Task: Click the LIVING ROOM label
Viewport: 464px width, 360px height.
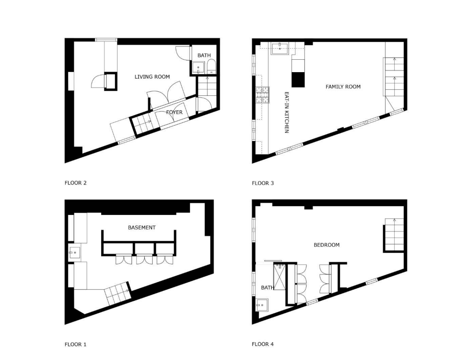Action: [x=152, y=77]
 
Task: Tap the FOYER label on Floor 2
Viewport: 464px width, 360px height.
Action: [x=174, y=112]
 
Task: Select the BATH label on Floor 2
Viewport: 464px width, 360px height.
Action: [x=204, y=55]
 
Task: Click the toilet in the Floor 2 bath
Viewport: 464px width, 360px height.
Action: [x=211, y=67]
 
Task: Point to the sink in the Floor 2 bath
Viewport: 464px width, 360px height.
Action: [x=198, y=68]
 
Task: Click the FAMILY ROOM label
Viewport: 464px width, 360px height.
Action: [x=343, y=87]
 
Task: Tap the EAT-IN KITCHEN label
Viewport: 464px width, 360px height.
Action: [x=287, y=112]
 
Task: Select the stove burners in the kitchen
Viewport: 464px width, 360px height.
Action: [x=262, y=95]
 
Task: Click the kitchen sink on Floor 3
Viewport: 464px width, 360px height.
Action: [x=280, y=49]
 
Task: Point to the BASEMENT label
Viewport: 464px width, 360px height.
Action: [x=142, y=227]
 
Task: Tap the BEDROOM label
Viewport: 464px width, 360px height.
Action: [x=326, y=245]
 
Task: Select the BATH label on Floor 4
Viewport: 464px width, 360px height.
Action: [x=267, y=288]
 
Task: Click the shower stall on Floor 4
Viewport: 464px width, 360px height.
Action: [x=280, y=277]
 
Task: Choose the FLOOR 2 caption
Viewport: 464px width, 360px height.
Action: [x=75, y=183]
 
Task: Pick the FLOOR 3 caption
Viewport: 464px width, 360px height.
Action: [x=263, y=183]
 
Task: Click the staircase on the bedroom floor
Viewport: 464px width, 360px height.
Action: [x=394, y=235]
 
